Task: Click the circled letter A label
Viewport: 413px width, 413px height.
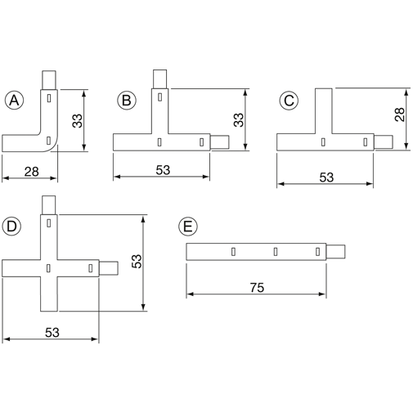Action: (14, 101)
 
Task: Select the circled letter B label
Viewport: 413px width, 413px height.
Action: (127, 101)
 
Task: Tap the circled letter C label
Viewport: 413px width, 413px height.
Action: (289, 101)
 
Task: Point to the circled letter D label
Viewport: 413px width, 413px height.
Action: (11, 227)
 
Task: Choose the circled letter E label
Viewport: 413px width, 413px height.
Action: (188, 227)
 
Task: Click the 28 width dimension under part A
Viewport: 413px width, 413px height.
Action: (32, 172)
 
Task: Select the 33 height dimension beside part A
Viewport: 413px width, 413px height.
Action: (78, 121)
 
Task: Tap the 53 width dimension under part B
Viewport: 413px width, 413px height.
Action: (163, 170)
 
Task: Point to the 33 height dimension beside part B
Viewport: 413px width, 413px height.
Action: (239, 120)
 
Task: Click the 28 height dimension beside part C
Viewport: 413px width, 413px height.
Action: (400, 114)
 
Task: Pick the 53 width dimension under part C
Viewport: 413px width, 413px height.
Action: (326, 177)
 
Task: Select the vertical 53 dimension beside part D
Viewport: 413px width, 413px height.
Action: (137, 262)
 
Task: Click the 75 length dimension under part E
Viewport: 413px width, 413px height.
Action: (257, 288)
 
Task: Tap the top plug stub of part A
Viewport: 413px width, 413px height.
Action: (49, 80)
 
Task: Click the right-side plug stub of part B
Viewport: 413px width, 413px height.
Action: (219, 142)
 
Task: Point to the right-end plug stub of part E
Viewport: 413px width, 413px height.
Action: (335, 252)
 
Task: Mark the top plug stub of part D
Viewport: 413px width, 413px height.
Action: (49, 205)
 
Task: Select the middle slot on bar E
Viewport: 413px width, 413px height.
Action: (276, 252)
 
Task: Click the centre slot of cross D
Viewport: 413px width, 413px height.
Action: (48, 268)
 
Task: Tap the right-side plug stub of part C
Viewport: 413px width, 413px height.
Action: (384, 142)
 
